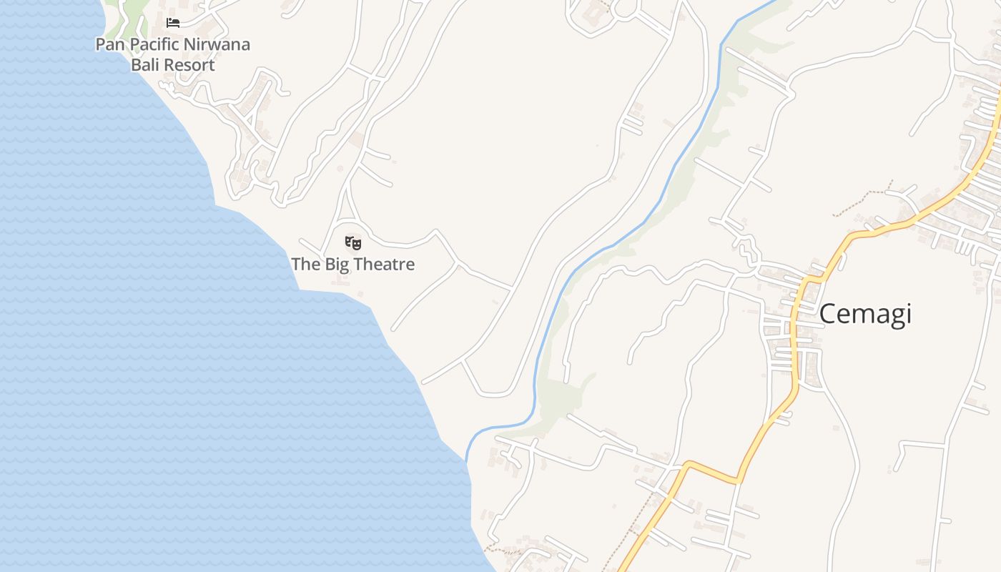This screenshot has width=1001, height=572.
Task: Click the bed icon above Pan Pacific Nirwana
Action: tap(172, 23)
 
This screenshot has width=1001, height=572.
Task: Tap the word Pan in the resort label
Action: tap(109, 44)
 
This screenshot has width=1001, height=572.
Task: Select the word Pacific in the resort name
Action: tap(152, 44)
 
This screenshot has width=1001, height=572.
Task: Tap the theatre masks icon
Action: tap(353, 243)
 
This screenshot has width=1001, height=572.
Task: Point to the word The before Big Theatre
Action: tap(306, 265)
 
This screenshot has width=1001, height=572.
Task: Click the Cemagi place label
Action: tap(865, 315)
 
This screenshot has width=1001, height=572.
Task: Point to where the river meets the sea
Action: tap(468, 458)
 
